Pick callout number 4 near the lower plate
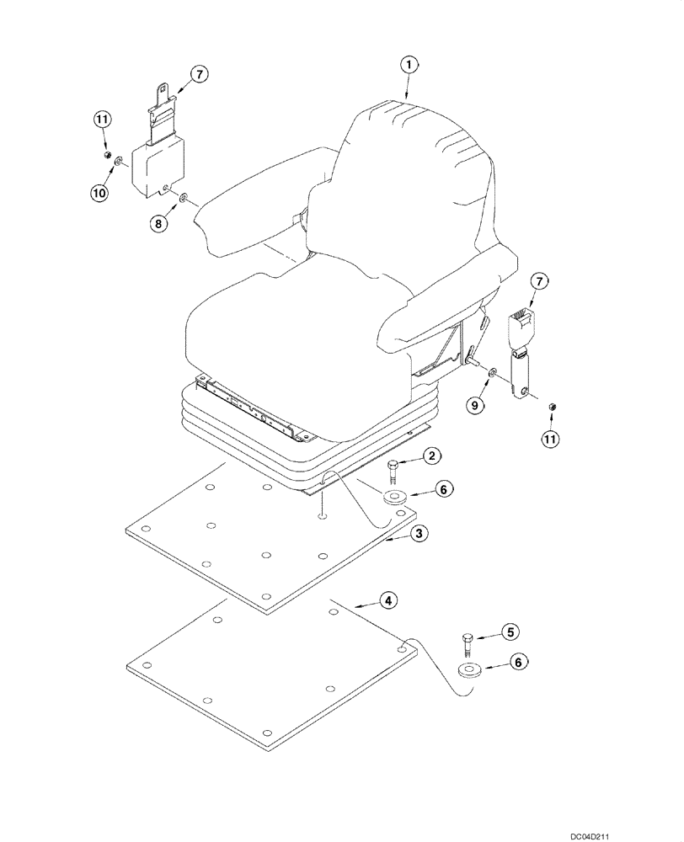(387, 600)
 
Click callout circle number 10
(100, 193)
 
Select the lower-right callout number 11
(551, 439)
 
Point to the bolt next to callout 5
(468, 646)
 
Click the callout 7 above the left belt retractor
(199, 75)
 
